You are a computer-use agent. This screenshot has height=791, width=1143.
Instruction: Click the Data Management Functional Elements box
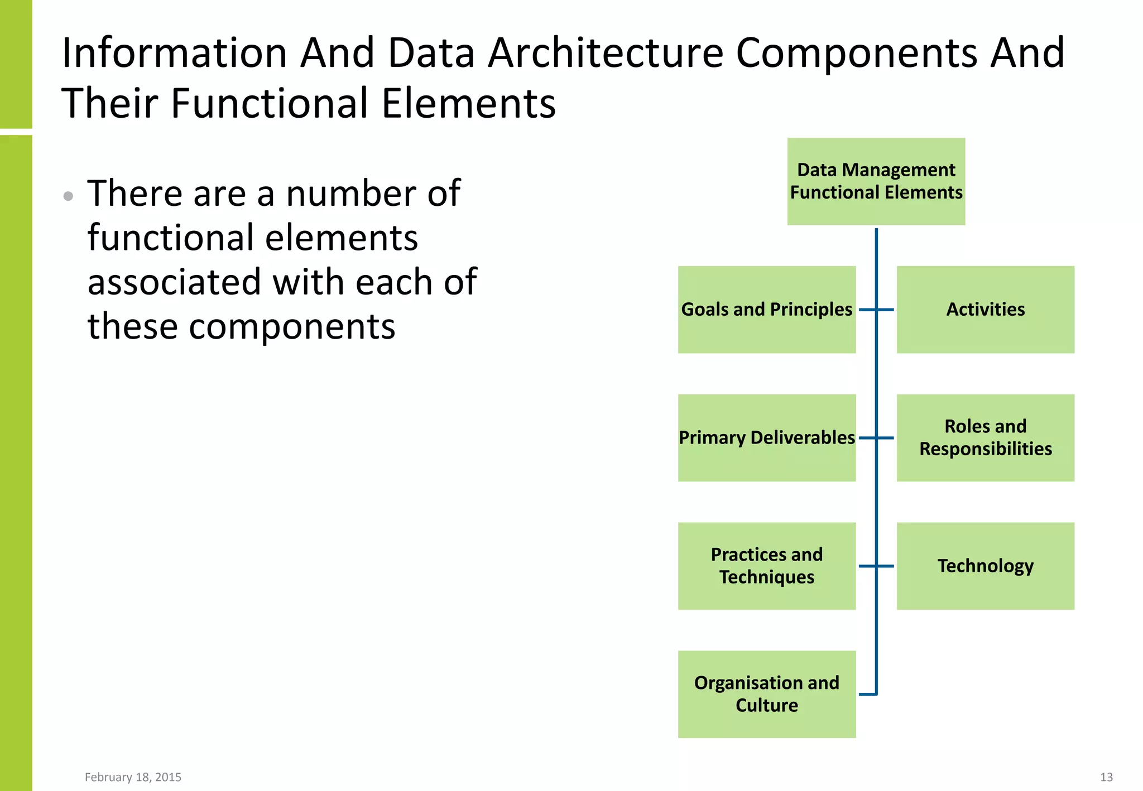pos(876,181)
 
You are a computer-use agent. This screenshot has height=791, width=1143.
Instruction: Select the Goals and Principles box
pos(766,310)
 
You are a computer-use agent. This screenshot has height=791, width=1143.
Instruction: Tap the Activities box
pos(985,310)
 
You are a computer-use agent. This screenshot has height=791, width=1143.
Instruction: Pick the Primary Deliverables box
pos(766,438)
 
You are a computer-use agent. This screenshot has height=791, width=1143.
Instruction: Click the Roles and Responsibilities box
pos(985,438)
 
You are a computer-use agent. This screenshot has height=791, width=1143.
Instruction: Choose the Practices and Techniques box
pos(766,566)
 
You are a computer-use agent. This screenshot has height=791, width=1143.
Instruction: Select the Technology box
pos(985,566)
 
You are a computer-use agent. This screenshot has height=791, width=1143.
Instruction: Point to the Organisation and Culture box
pos(766,694)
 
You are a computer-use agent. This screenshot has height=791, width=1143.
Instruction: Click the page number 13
pos(1106,777)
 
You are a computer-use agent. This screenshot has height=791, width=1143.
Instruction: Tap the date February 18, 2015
pos(133,777)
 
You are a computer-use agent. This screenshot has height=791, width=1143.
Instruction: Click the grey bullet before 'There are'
pos(68,196)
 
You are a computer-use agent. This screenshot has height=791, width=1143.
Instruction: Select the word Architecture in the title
pos(606,54)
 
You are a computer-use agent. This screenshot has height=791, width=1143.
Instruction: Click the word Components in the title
pos(857,54)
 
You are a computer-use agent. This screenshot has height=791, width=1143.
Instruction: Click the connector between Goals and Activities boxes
pos(876,310)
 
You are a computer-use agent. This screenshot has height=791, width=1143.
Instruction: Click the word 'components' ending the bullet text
pos(292,327)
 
